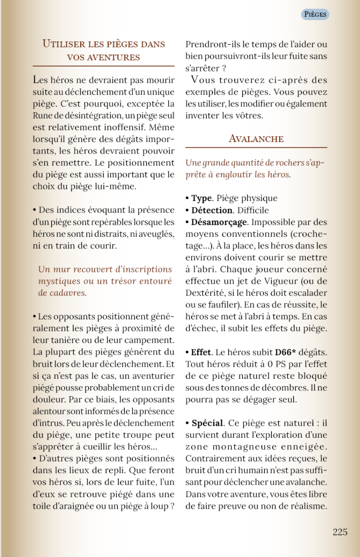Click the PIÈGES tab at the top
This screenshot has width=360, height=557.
pyautogui.click(x=315, y=14)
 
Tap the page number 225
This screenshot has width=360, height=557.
pyautogui.click(x=340, y=532)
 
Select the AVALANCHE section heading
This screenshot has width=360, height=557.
pyautogui.click(x=256, y=138)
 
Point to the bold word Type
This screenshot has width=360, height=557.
pyautogui.click(x=201, y=198)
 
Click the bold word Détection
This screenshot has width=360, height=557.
pyautogui.click(x=212, y=210)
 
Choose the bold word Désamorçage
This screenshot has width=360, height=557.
pyautogui.click(x=219, y=222)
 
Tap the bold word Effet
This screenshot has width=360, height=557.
pyautogui.click(x=201, y=352)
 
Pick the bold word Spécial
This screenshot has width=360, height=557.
pyautogui.click(x=208, y=423)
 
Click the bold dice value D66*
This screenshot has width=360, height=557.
pyautogui.click(x=288, y=352)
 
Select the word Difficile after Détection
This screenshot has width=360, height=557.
pyautogui.click(x=253, y=210)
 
